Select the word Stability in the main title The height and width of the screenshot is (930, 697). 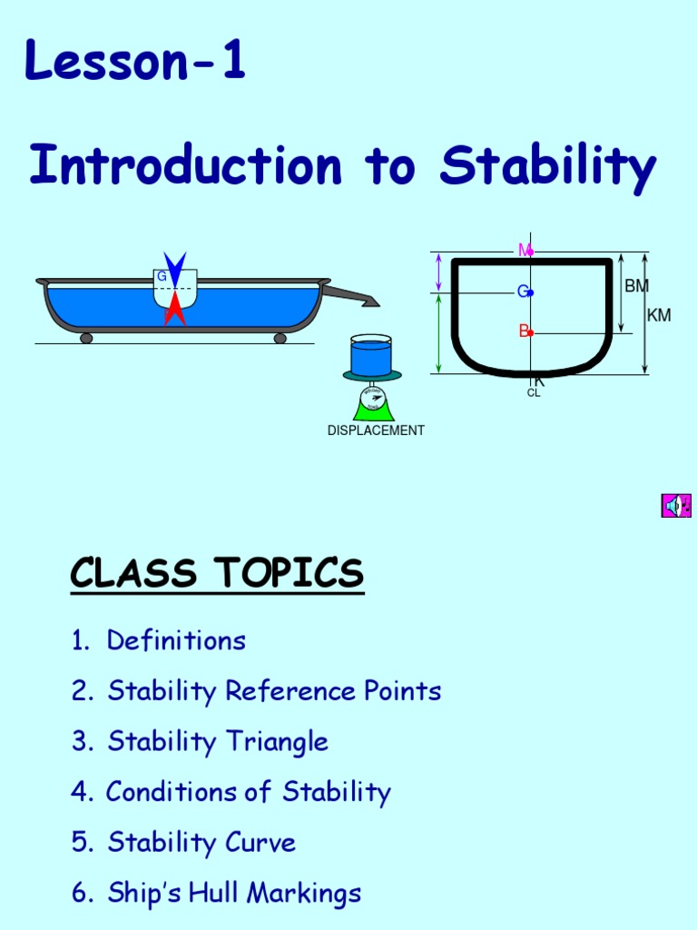[547, 166]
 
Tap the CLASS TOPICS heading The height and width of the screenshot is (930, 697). [217, 574]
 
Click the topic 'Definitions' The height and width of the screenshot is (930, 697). [176, 640]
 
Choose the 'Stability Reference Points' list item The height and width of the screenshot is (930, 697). [274, 691]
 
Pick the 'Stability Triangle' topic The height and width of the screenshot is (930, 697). [218, 741]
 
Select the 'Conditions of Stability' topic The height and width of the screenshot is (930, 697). [248, 792]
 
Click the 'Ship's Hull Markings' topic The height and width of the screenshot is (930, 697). [234, 893]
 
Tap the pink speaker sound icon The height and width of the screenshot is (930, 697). [676, 505]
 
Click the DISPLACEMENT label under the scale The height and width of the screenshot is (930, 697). [376, 430]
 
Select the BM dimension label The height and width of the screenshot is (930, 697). [637, 286]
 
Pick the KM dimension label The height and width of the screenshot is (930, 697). [659, 315]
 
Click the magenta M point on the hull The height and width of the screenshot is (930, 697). [530, 250]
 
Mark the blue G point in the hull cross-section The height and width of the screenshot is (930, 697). [530, 292]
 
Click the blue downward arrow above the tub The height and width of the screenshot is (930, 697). [176, 270]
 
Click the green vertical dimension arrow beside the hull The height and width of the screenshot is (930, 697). [439, 332]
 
